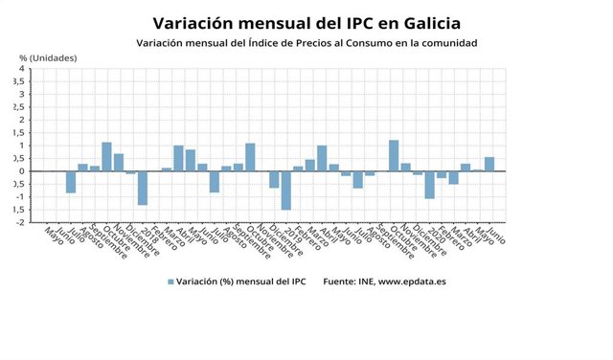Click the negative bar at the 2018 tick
[x=143, y=188]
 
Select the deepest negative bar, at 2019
[x=285, y=190]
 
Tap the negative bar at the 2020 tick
[x=429, y=185]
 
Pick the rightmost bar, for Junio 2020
[x=489, y=164]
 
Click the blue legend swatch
[x=171, y=281]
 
